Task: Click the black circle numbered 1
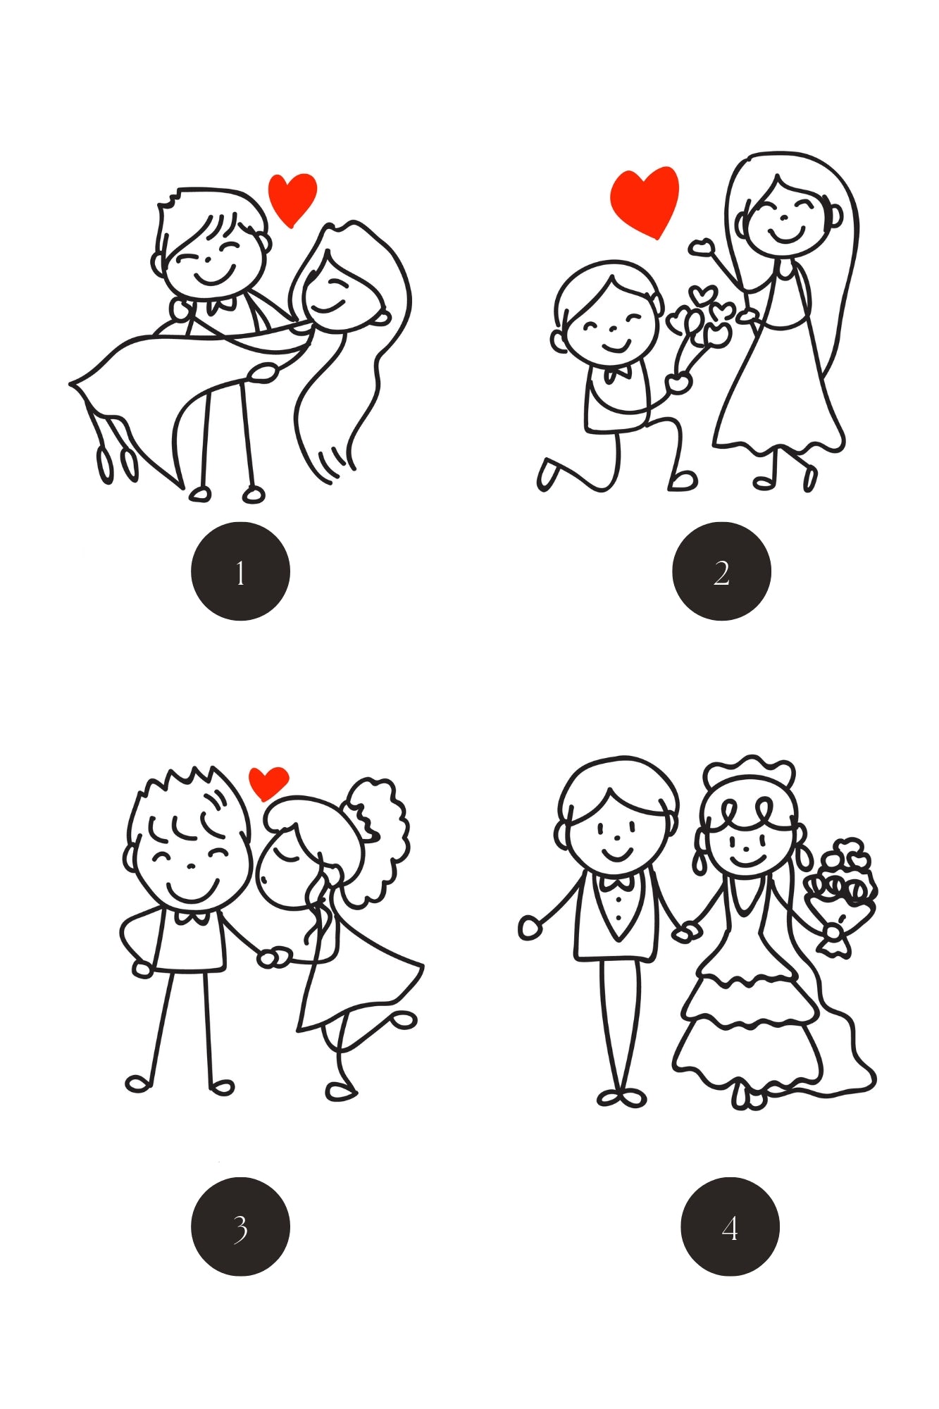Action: (240, 571)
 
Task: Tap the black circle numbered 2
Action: (721, 571)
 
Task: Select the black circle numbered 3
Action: (240, 1227)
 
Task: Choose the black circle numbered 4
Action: (730, 1227)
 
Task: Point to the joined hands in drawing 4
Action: (686, 931)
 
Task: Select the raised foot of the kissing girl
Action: (404, 1019)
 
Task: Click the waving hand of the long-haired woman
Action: (702, 247)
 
